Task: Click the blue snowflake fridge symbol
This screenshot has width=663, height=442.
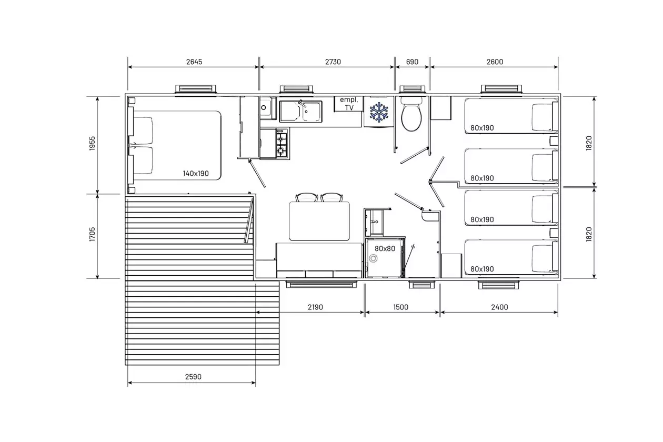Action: pos(379,112)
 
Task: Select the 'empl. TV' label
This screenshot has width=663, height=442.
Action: pos(349,104)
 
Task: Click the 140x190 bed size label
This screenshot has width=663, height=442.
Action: pos(196,174)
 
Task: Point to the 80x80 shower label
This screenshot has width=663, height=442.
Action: pos(385,249)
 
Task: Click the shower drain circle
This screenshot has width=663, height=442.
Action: pos(373,258)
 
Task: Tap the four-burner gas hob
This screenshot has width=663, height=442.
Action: pos(282,143)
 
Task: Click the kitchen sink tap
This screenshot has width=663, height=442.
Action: pos(302,104)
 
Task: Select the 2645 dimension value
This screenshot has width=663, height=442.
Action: pos(194,62)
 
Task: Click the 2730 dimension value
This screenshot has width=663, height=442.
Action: pos(333,62)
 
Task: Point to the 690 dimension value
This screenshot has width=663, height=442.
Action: pos(412,62)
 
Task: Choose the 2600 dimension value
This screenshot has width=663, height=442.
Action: pos(495,62)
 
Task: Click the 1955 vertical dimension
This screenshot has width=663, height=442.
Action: pos(93,143)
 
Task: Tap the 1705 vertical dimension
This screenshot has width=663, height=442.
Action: pos(93,234)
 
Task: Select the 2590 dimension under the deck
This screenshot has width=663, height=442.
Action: pos(193,377)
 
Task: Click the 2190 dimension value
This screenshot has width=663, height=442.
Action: pos(315,307)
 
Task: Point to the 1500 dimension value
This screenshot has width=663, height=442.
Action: pos(401,307)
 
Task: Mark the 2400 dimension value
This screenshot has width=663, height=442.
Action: pos(500,307)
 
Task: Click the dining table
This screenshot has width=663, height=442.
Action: pos(319,221)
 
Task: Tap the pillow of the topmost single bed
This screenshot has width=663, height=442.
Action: pos(542,117)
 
